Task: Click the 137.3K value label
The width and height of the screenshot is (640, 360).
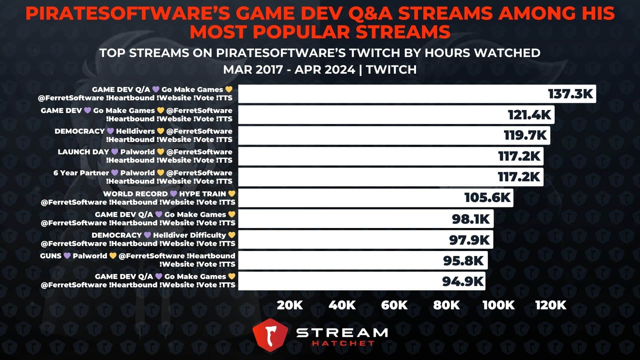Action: (x=570, y=94)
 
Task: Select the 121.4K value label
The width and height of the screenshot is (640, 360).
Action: (x=529, y=115)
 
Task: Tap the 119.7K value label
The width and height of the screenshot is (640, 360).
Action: (x=525, y=136)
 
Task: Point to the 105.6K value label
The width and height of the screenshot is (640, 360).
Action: (x=487, y=198)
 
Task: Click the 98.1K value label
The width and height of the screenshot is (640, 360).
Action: (x=471, y=219)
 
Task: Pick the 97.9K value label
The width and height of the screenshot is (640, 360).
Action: (x=469, y=240)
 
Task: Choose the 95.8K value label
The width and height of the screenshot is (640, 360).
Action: (x=463, y=261)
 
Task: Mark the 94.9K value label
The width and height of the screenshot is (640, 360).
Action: (x=462, y=282)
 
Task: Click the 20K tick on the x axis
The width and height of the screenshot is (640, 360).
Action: (x=290, y=305)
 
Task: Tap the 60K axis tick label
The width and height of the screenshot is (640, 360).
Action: (x=394, y=305)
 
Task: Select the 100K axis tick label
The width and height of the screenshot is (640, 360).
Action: (x=498, y=305)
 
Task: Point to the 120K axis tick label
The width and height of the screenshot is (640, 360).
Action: (x=551, y=305)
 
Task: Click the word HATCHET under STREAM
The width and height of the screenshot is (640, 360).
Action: (x=343, y=343)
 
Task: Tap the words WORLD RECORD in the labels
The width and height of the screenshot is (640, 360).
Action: (x=135, y=194)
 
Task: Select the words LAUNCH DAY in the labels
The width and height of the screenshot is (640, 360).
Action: (x=83, y=152)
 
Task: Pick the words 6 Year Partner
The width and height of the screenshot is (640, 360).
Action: (x=81, y=173)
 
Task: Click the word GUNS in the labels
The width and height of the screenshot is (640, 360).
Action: (x=51, y=256)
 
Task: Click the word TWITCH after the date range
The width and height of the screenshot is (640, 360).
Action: (x=391, y=70)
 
